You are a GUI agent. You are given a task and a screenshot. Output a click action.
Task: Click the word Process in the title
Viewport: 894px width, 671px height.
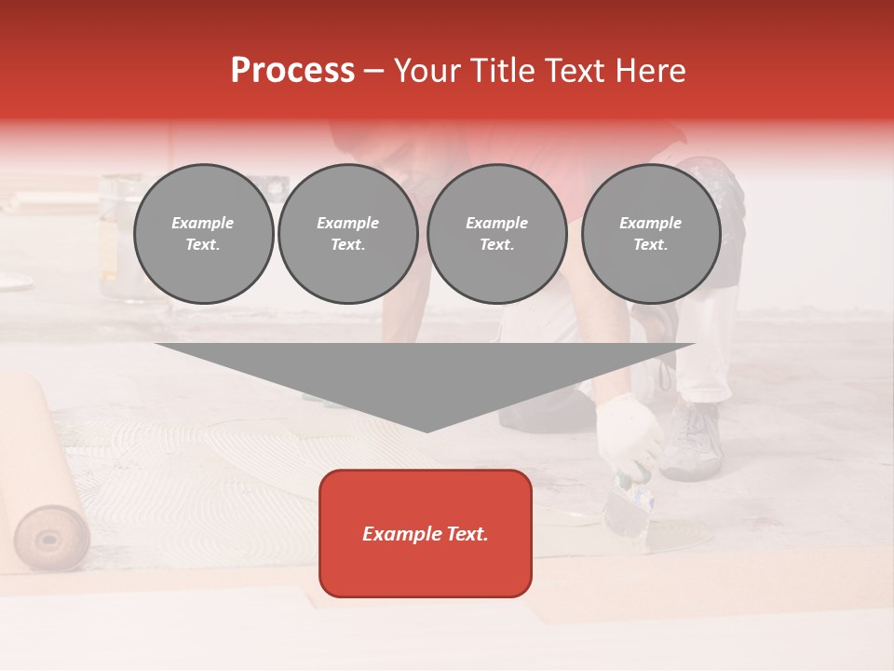point(292,71)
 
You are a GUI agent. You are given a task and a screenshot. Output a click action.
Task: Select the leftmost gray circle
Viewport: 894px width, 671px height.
point(204,234)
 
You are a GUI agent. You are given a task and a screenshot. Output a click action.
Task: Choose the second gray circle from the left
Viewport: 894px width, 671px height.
point(348,234)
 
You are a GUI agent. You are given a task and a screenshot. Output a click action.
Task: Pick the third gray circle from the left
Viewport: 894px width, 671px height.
point(497,234)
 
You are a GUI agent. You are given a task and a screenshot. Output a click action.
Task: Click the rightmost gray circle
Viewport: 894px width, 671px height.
point(651,234)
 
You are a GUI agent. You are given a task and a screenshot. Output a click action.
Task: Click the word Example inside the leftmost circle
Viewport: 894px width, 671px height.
point(203,223)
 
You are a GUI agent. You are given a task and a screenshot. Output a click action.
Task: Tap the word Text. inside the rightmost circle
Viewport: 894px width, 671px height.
point(651,245)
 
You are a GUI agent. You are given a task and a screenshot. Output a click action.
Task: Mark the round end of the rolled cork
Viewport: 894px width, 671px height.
point(52,538)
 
